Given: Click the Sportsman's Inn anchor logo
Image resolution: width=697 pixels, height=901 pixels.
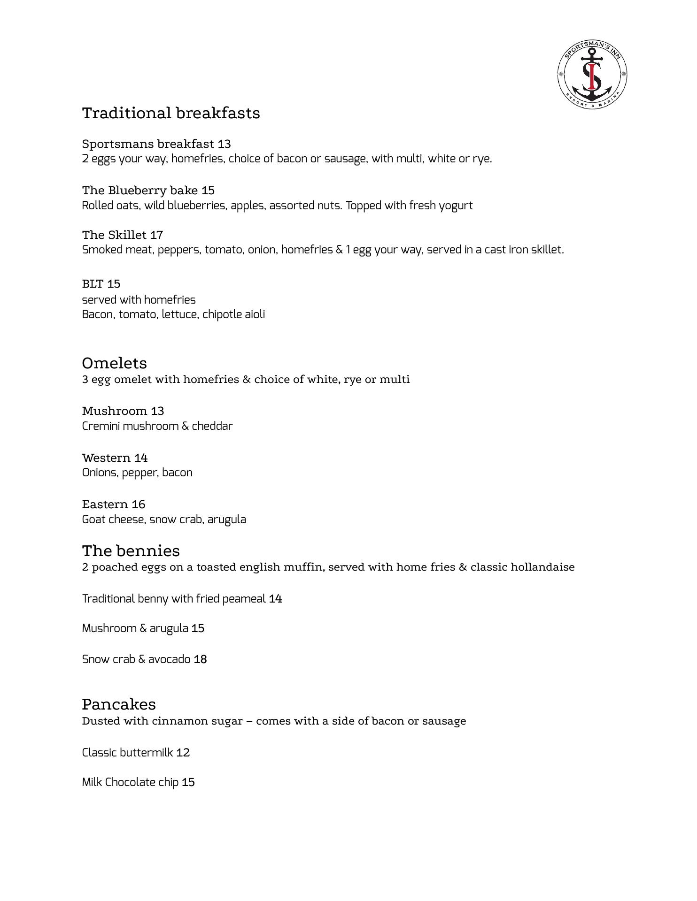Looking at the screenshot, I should [x=592, y=74].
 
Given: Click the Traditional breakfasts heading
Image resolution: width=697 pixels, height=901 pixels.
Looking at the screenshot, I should [x=171, y=113].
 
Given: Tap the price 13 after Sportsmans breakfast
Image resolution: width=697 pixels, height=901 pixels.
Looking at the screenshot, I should [x=224, y=144].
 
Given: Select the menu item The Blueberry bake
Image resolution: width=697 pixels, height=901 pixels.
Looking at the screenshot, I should [x=140, y=191].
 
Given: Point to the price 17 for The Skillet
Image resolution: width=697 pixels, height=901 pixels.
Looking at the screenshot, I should [x=156, y=235].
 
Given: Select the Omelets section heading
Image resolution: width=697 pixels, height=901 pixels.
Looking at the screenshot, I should [x=114, y=363].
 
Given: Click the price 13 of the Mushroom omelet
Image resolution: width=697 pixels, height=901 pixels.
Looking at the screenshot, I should [x=157, y=411].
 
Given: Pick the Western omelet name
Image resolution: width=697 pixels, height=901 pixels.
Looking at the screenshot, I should [x=106, y=458].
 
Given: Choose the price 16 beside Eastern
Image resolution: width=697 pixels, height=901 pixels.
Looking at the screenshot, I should [x=139, y=504].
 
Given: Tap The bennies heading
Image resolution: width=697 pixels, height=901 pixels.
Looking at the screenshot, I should [x=131, y=550].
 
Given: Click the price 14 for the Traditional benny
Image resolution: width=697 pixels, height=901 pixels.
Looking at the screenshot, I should [x=275, y=599].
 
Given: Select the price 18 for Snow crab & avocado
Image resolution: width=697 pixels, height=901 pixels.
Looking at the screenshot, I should [x=200, y=659].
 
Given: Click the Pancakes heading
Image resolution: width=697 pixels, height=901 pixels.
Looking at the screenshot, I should [x=118, y=704].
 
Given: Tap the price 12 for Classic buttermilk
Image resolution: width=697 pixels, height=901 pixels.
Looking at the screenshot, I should [x=183, y=753].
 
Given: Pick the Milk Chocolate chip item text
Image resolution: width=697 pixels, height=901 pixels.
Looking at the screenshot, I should [x=130, y=782].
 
